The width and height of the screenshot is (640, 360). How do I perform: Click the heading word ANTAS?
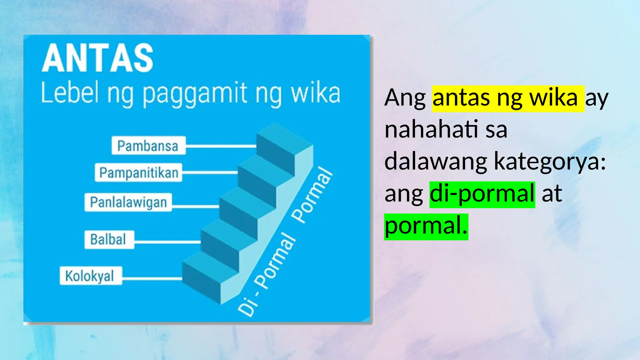(x=97, y=58)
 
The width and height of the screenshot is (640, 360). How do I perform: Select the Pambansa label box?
(x=148, y=146)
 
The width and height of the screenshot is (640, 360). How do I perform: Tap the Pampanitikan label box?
(x=138, y=172)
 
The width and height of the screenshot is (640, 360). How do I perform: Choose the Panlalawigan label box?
(x=128, y=202)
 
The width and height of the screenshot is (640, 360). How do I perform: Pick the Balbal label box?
(x=109, y=240)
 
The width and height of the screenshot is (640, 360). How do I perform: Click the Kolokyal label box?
(x=91, y=276)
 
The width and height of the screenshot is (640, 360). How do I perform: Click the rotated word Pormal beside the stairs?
(x=312, y=195)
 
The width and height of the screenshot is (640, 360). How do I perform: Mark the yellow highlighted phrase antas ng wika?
(x=508, y=98)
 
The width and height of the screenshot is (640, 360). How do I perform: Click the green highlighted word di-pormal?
(x=482, y=194)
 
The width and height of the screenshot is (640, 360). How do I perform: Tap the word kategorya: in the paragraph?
(x=550, y=162)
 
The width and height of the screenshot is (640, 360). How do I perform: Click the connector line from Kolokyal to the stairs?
(x=152, y=278)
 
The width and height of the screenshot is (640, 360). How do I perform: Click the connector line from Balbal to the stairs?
(x=167, y=242)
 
